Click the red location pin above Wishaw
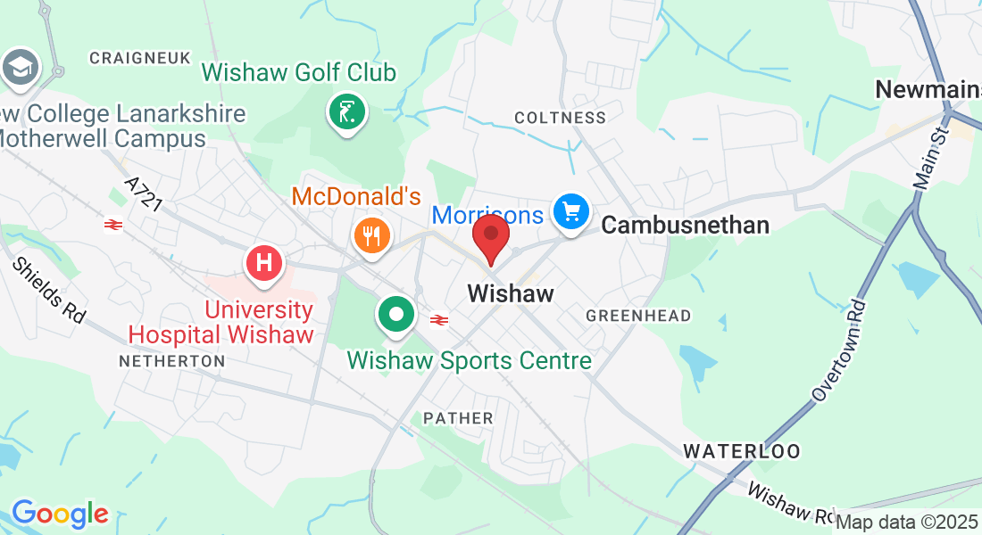(x=490, y=236)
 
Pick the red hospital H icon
(x=264, y=263)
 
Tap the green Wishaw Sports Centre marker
(x=395, y=314)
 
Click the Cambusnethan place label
(x=685, y=226)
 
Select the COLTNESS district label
(x=560, y=118)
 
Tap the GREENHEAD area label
(x=638, y=316)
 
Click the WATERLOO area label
(x=742, y=451)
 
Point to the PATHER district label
(x=458, y=418)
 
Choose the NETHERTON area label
(x=171, y=361)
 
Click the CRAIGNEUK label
(x=140, y=58)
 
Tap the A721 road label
(x=144, y=194)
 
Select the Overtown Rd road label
(x=840, y=350)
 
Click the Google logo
(x=60, y=514)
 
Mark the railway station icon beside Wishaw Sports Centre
(x=438, y=319)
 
